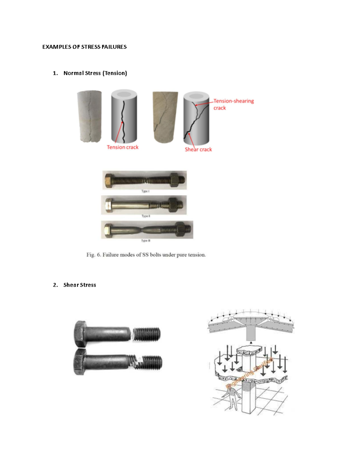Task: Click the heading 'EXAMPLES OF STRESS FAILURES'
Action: click(x=84, y=47)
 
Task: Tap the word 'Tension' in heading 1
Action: click(x=115, y=73)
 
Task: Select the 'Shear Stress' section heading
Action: click(x=79, y=285)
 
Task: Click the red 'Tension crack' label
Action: click(x=122, y=147)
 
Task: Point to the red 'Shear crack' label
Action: click(x=198, y=149)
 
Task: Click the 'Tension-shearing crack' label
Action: click(x=233, y=104)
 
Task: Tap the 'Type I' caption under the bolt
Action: click(x=145, y=191)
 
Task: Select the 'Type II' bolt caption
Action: click(x=145, y=216)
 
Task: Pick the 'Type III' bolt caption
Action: click(x=145, y=241)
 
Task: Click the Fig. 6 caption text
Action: click(x=146, y=255)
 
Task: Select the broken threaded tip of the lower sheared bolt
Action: click(x=152, y=362)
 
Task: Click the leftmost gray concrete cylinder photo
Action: click(x=89, y=116)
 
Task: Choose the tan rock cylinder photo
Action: click(x=165, y=117)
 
